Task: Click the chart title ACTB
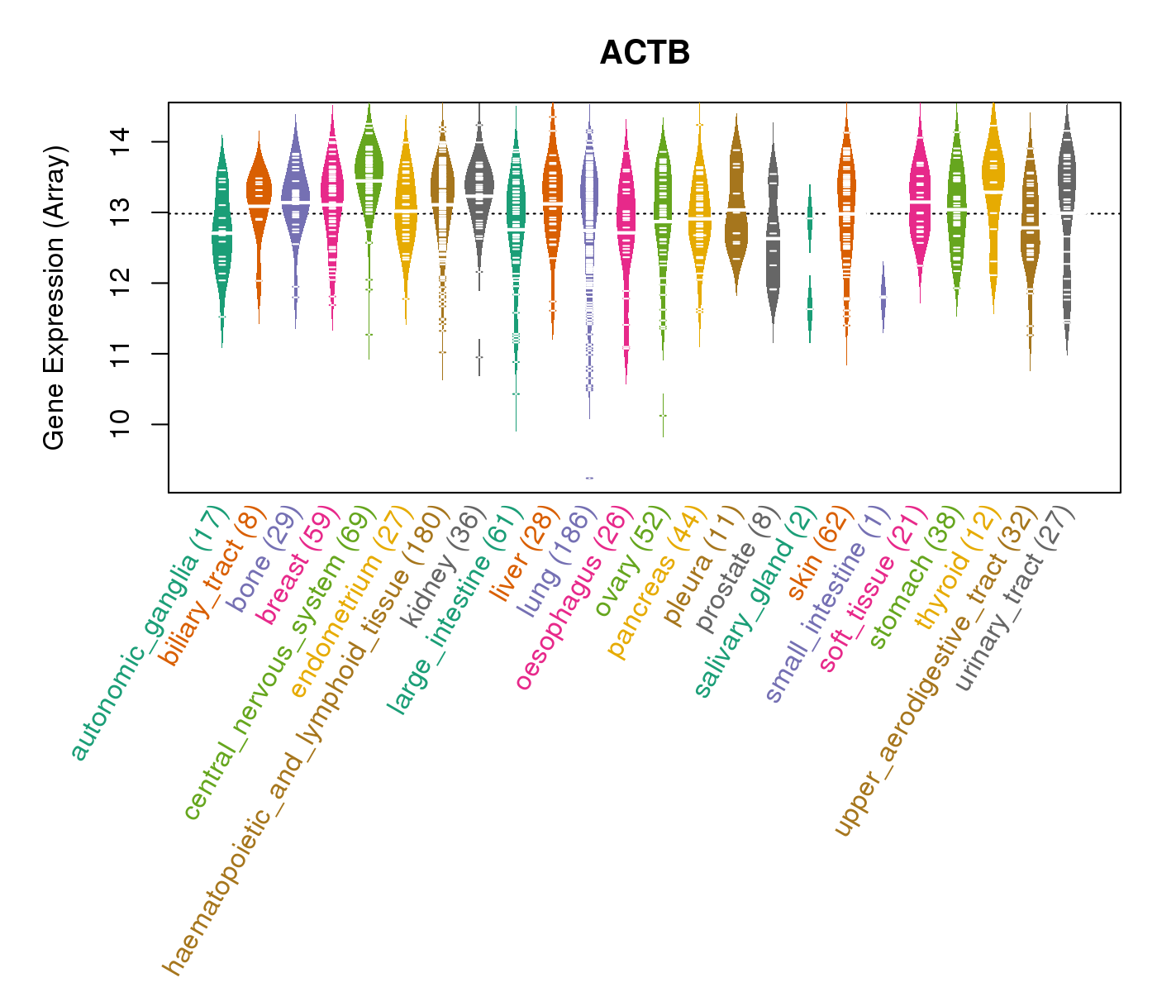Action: [645, 53]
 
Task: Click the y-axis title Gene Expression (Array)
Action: [54, 298]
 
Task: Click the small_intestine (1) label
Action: [826, 608]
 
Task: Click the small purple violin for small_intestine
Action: [883, 296]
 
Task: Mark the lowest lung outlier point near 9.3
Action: [589, 478]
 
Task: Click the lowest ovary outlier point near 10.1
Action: [663, 415]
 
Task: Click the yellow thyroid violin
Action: [993, 190]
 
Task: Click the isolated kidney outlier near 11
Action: [479, 357]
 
